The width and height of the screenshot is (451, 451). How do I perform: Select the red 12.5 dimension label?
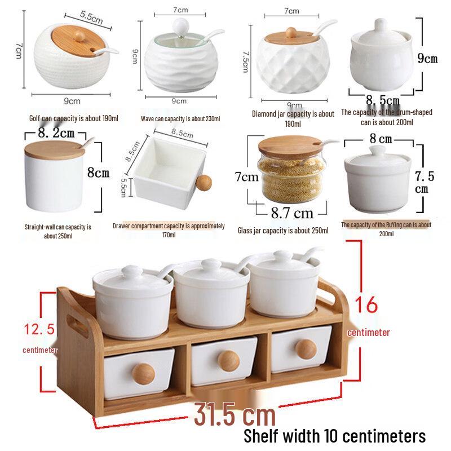point(39,329)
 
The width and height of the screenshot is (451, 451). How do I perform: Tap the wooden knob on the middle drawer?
point(228,361)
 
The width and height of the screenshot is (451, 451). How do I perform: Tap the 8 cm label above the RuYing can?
point(381,138)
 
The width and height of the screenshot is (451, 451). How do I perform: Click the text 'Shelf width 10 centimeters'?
point(334,436)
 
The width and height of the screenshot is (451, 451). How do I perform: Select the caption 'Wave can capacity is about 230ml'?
point(180,118)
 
